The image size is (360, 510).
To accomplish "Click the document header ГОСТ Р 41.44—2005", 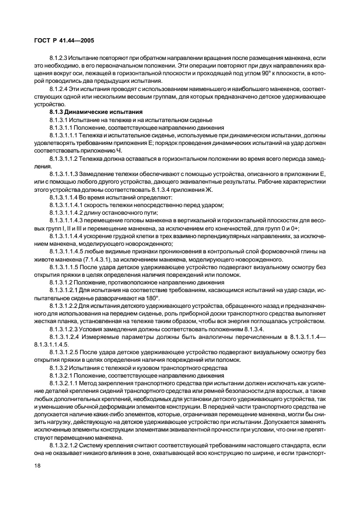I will (x=59, y=41).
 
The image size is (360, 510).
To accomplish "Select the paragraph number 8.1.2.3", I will (x=58, y=57).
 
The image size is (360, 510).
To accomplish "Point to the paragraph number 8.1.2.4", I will (x=58, y=88).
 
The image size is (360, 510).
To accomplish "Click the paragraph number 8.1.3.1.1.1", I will (x=65, y=134).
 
